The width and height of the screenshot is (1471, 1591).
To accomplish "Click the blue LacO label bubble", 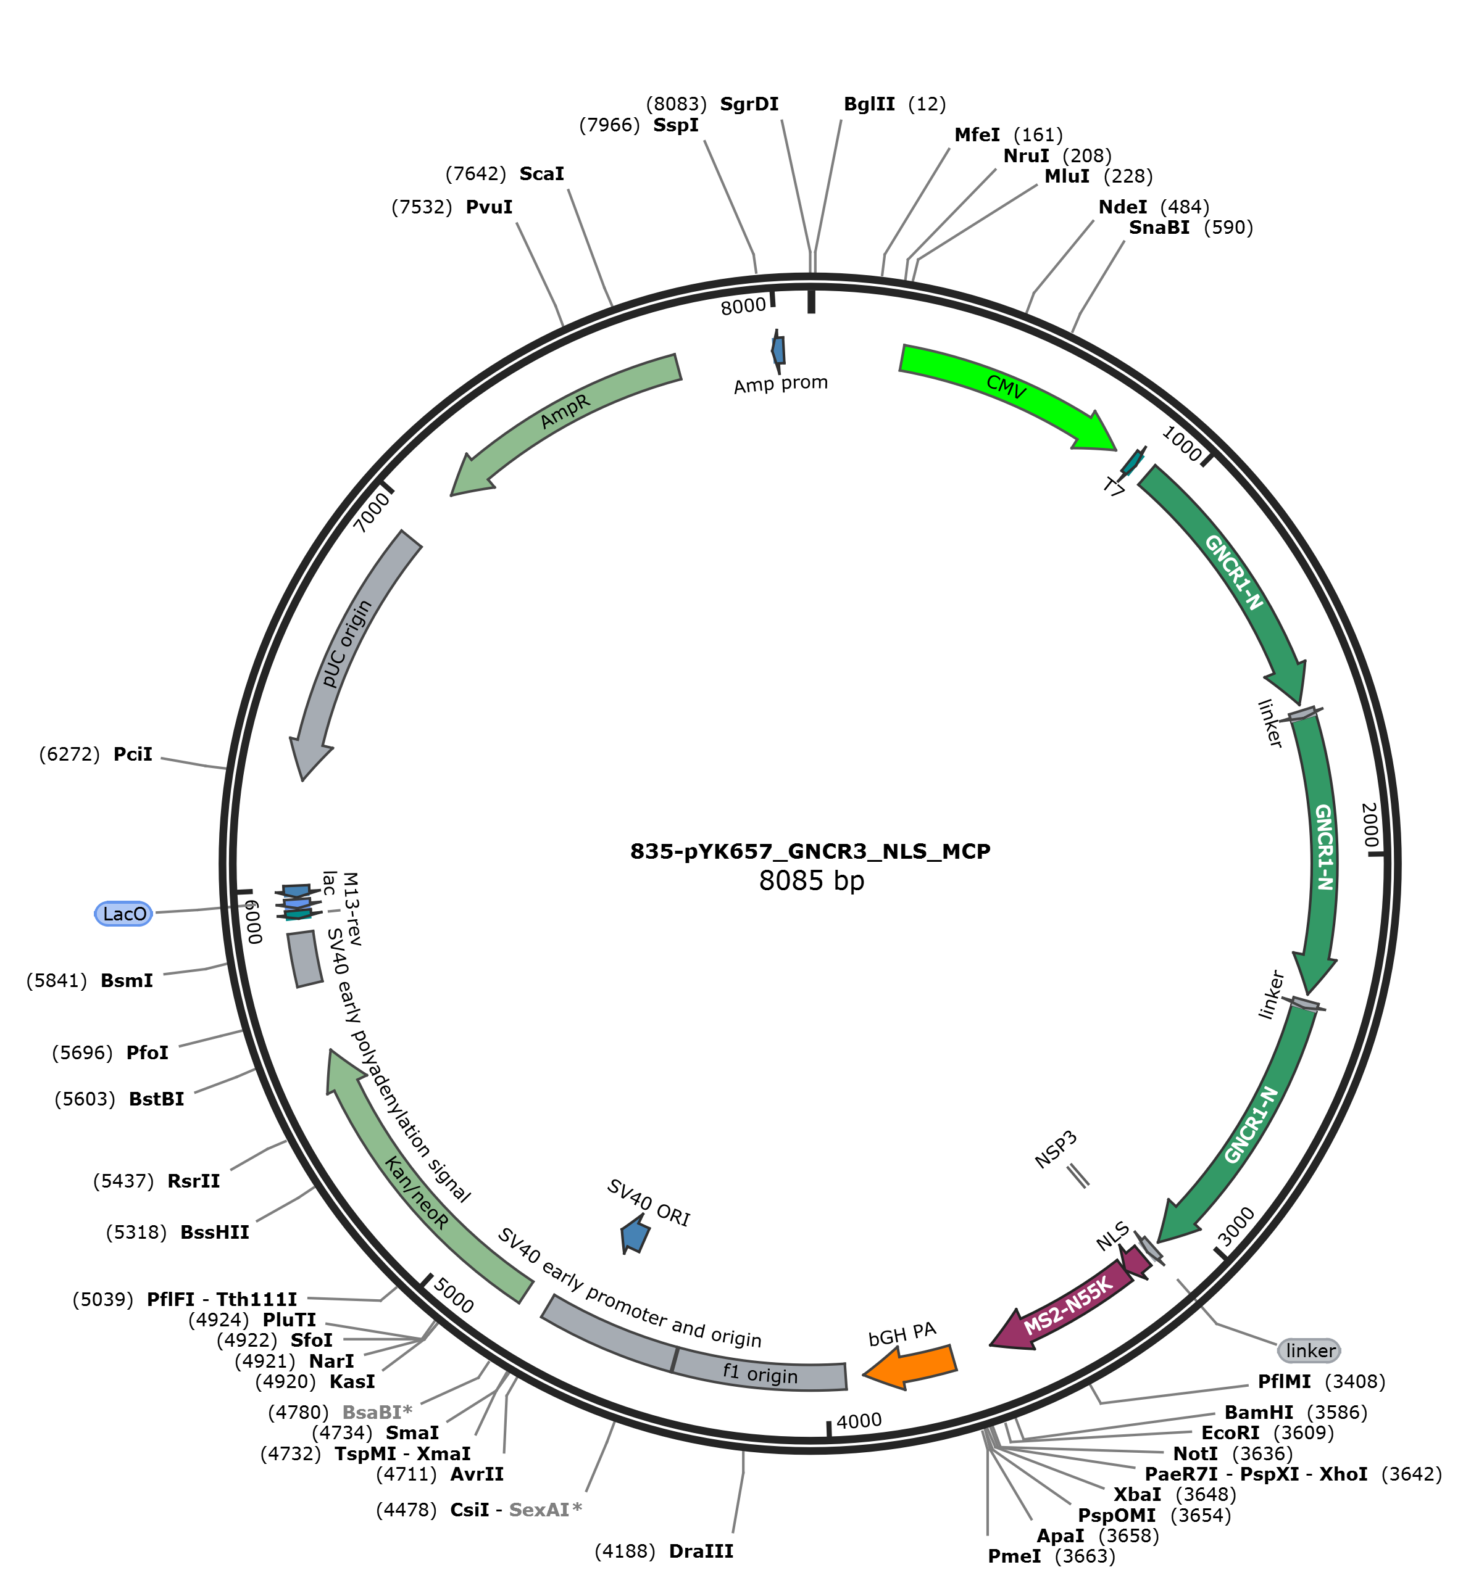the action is [124, 913].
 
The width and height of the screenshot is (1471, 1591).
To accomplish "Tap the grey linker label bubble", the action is [1309, 1350].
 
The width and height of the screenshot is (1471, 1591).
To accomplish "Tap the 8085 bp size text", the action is [811, 880].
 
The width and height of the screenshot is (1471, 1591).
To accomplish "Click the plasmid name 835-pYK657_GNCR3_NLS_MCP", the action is [811, 851].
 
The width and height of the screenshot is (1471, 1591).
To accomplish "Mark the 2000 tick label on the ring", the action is [1369, 825].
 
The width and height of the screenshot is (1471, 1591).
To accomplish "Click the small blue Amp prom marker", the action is [778, 350].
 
